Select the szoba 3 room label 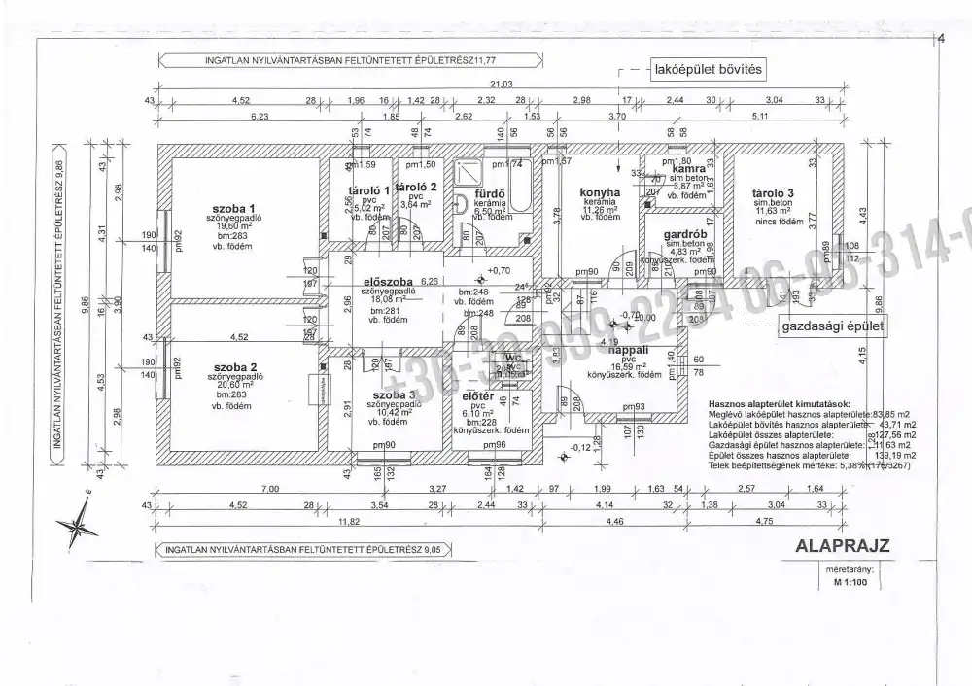click(x=390, y=395)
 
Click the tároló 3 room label click(x=774, y=191)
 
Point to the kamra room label click(x=687, y=168)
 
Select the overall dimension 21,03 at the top click(x=501, y=85)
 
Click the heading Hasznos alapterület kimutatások click(x=781, y=402)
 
